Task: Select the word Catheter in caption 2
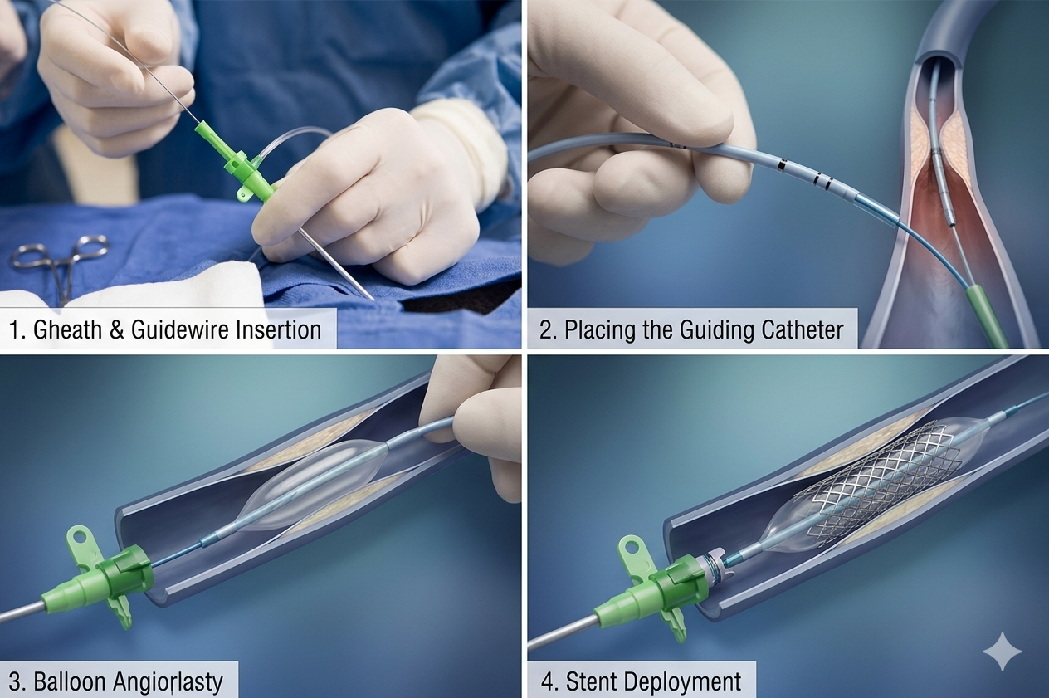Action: tap(803, 329)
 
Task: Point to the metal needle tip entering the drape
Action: tap(373, 299)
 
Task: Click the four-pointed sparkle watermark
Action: tap(1002, 652)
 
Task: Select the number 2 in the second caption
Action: tap(545, 329)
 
